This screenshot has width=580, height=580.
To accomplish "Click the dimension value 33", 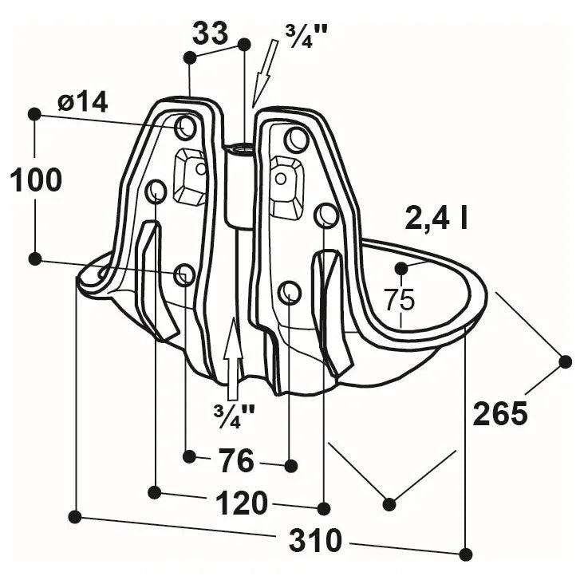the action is [x=210, y=33].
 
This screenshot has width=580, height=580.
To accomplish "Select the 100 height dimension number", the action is [x=36, y=180].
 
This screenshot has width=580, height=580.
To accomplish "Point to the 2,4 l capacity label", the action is [x=436, y=218].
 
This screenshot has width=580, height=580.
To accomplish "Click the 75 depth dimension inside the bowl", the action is [x=399, y=300].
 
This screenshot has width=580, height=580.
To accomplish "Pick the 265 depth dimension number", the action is [x=499, y=412].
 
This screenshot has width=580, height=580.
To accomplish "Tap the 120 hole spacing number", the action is [x=241, y=503].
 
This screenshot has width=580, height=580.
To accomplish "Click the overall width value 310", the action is [x=315, y=540].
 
